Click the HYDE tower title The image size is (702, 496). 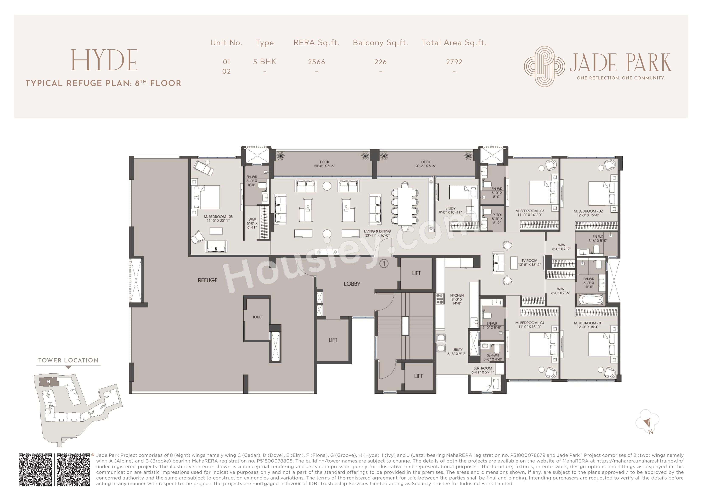104,60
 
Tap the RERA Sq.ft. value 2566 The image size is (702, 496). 316,62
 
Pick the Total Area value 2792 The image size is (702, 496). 454,62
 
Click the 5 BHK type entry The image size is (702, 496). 264,62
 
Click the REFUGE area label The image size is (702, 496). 208,280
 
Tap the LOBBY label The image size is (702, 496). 352,284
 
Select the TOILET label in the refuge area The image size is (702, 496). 257,317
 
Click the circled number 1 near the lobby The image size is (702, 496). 384,263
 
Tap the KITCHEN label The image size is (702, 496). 457,296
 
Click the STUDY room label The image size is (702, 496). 450,208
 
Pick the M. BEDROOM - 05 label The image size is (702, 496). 218,217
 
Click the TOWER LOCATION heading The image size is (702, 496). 68,360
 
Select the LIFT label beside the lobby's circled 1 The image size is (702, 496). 416,273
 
